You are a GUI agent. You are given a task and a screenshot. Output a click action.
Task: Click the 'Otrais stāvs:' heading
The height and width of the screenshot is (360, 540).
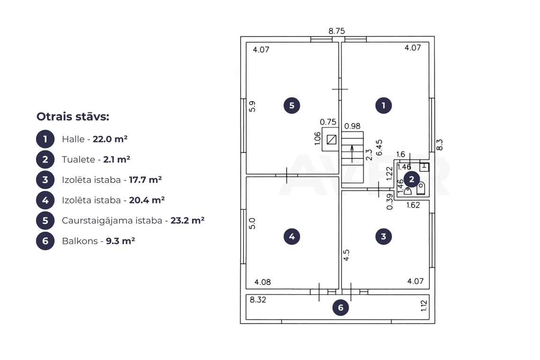[x=72, y=117]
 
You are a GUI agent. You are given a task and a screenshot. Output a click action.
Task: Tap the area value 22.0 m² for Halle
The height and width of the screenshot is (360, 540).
[x=110, y=139]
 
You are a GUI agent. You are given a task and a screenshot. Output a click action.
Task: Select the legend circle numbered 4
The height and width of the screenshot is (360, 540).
[x=45, y=200]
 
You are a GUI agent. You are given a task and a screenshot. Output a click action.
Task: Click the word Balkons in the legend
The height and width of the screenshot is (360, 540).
[x=80, y=241]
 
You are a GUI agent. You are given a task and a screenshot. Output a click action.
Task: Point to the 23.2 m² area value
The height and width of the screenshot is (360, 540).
[x=188, y=220]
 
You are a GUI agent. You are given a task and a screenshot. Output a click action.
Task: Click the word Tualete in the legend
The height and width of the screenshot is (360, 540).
[x=79, y=160]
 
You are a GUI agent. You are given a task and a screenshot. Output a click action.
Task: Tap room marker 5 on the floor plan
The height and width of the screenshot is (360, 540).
[x=292, y=106]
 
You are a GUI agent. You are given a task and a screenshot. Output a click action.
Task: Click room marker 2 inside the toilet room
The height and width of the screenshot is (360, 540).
[x=412, y=179]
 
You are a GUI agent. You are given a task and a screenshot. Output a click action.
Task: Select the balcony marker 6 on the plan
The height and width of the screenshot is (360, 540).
[x=341, y=307]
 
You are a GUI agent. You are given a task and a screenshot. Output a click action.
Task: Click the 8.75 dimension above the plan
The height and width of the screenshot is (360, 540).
[x=336, y=31]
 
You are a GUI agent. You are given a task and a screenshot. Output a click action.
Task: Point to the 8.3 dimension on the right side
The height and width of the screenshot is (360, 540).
[x=440, y=144]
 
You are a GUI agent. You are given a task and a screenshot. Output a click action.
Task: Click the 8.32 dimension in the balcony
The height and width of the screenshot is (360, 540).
[x=258, y=300]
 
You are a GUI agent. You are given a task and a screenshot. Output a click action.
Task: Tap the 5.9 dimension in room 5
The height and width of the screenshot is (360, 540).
[x=252, y=107]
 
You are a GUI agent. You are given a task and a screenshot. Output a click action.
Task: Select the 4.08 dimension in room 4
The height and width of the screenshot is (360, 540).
[x=262, y=282]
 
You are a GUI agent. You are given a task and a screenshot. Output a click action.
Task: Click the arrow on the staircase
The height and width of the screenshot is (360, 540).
[x=352, y=153]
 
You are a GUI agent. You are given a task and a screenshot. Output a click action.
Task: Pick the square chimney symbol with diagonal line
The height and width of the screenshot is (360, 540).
[x=332, y=140]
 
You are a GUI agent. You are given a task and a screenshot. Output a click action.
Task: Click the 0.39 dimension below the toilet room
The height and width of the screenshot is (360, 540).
[x=389, y=201]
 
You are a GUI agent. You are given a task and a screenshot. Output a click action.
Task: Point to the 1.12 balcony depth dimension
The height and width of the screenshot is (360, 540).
[x=424, y=306]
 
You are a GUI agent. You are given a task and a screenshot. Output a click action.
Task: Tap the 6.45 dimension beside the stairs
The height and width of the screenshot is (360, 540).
[x=379, y=148]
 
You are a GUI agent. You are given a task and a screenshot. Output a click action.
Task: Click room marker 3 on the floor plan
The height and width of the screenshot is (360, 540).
[x=383, y=236]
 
